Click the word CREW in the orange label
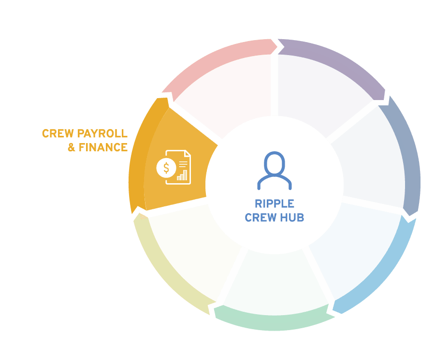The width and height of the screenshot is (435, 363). point(58,133)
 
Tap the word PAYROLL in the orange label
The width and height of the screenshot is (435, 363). point(102,133)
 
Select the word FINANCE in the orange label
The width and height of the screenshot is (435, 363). point(103,147)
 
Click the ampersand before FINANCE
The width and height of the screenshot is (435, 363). point(72,147)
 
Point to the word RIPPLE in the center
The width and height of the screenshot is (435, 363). point(275,203)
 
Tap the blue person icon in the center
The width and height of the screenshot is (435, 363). point(275,171)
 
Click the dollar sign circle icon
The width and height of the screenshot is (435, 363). point(166,168)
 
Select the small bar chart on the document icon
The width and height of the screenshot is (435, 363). point(182,175)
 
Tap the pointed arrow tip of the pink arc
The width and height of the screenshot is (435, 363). point(277,46)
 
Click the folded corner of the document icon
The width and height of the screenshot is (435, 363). point(188,153)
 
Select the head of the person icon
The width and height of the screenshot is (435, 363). point(275,163)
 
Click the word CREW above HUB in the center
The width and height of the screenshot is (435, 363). point(261,218)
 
